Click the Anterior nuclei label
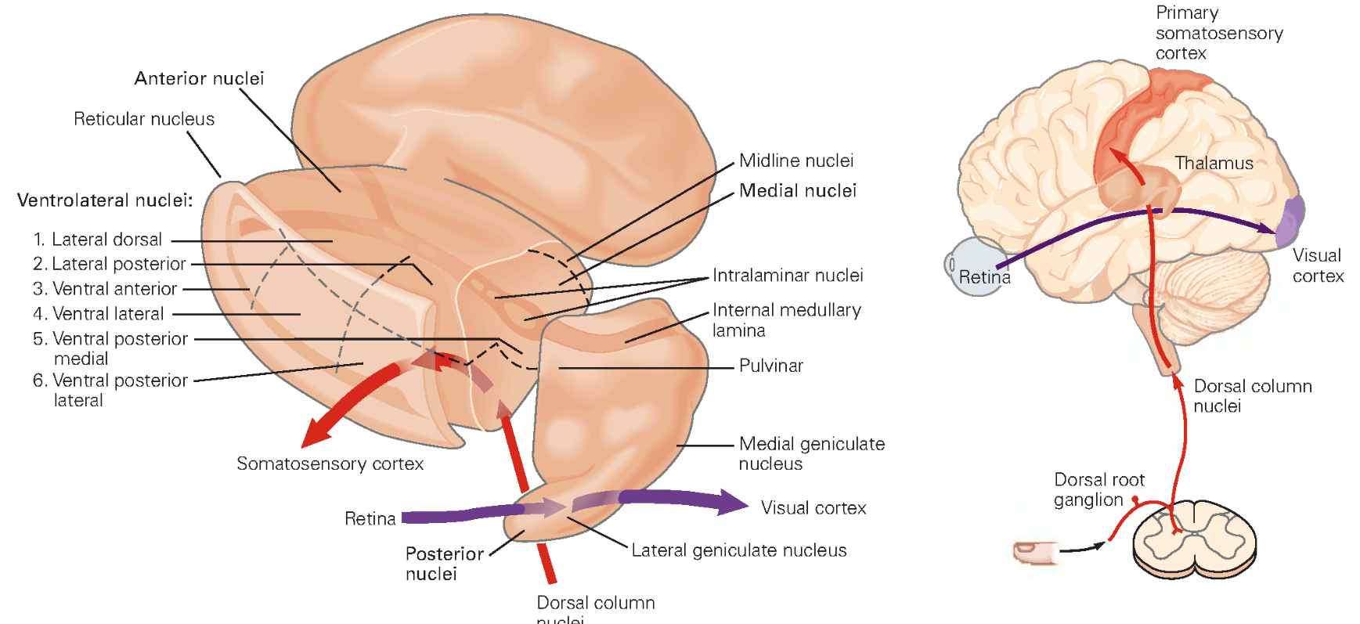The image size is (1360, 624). (x=199, y=78)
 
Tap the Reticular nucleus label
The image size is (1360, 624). (x=144, y=119)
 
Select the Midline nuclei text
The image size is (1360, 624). (x=795, y=161)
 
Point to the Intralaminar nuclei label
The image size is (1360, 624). (x=787, y=276)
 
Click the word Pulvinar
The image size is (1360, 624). (x=770, y=366)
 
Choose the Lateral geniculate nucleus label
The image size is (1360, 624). (x=738, y=550)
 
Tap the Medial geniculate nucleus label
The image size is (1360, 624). (x=811, y=453)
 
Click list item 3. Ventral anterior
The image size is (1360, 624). (x=105, y=289)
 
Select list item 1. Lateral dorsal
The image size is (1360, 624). (x=98, y=240)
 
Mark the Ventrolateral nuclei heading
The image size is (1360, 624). (x=105, y=200)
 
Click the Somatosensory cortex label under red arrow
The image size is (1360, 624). (x=330, y=463)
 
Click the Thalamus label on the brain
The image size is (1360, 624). (x=1214, y=164)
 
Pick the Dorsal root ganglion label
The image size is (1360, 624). (x=1098, y=489)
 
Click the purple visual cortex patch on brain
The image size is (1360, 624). (x=1290, y=221)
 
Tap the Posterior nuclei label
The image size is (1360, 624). (x=443, y=564)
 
